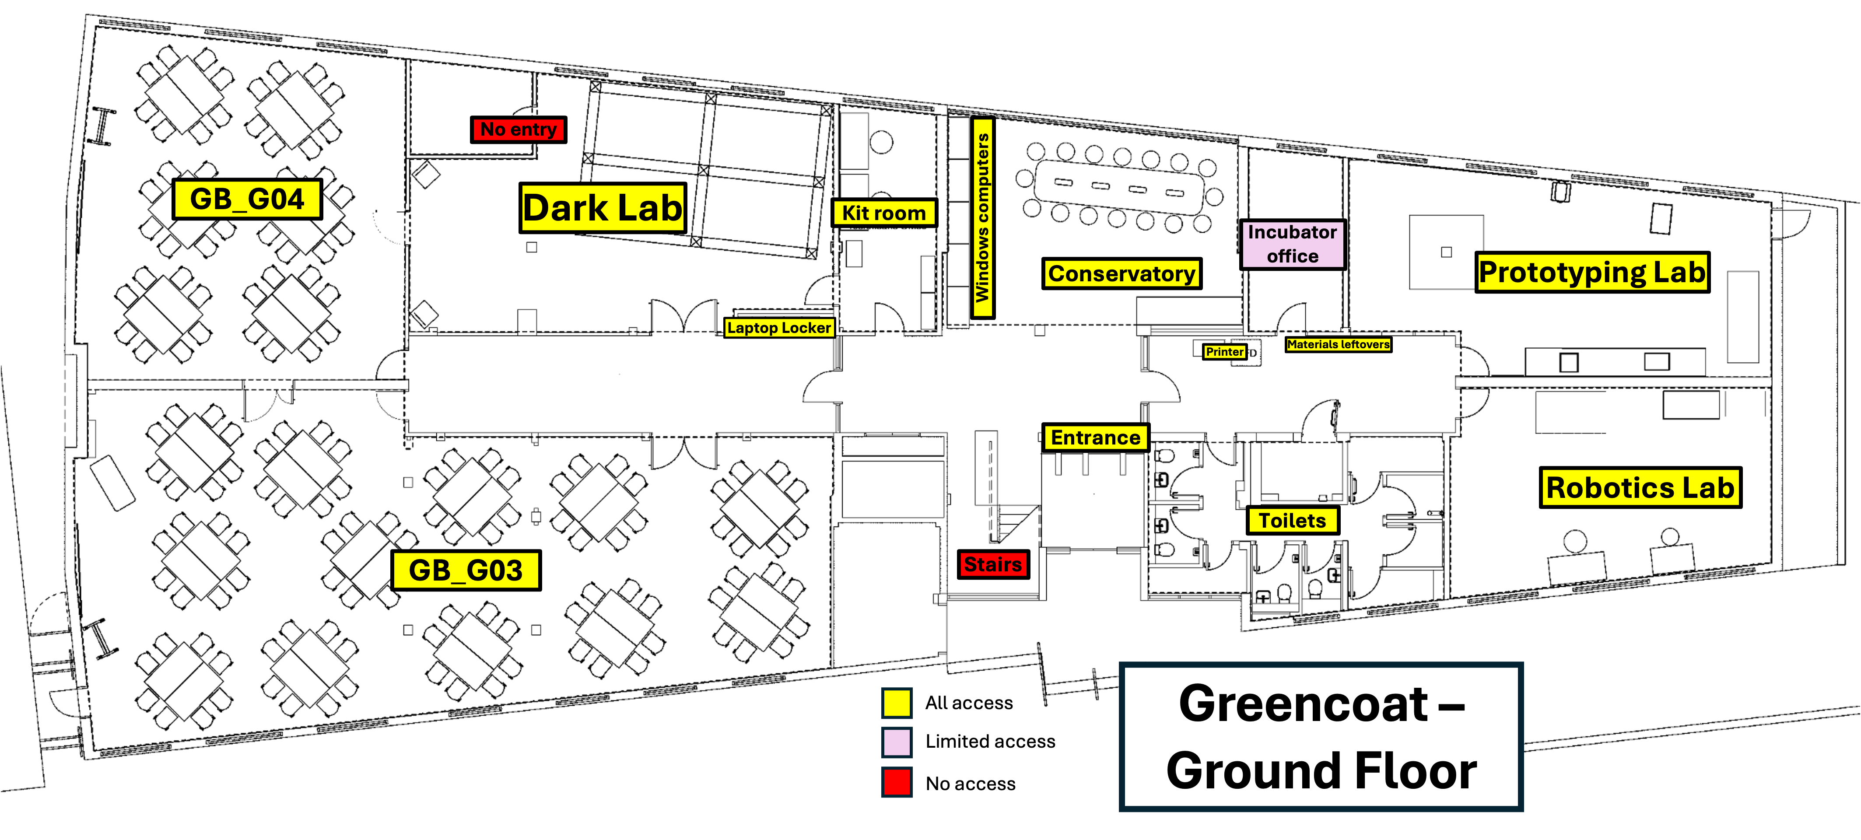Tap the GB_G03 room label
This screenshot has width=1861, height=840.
pos(466,570)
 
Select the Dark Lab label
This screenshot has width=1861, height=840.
pos(603,208)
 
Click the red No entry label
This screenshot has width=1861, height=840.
pos(519,129)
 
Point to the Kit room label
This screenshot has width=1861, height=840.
pos(884,213)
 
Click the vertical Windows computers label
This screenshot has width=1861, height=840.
pos(982,218)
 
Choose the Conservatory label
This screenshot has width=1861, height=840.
pos(1122,274)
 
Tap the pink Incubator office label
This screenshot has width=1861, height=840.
pos(1293,244)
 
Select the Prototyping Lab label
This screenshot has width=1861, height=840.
pos(1592,272)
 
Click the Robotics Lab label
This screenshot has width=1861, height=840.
pos(1640,487)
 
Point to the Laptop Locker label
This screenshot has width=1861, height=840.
pos(779,328)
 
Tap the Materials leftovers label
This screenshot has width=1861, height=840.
pos(1339,344)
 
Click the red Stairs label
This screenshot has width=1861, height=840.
pos(993,564)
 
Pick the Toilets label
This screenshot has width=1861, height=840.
pos(1293,520)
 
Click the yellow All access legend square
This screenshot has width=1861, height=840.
pos(897,703)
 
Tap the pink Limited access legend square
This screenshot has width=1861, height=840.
pos(897,742)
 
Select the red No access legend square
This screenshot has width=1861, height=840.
pos(897,782)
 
